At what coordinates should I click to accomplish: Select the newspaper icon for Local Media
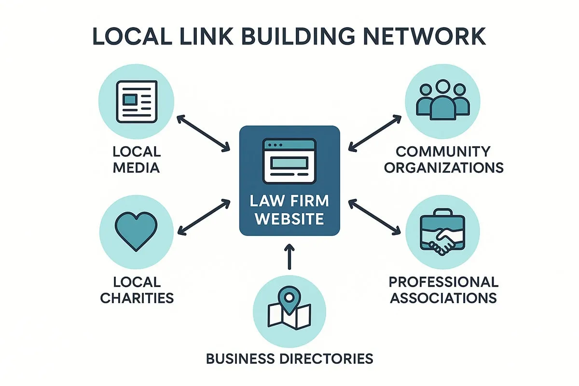tap(137, 101)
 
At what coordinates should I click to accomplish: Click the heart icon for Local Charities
tap(137, 231)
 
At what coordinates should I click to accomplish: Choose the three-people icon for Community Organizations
tap(442, 100)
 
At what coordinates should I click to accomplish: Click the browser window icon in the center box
tap(289, 161)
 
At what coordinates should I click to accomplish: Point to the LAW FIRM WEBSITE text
tap(289, 209)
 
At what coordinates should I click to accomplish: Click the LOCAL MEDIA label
tap(137, 159)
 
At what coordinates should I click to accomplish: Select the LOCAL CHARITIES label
tap(137, 289)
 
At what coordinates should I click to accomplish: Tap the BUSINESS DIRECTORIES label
tap(289, 358)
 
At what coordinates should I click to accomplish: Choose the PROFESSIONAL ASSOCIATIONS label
tap(443, 289)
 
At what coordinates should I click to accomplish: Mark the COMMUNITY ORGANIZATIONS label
tap(443, 159)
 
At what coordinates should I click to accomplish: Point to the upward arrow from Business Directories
tap(289, 257)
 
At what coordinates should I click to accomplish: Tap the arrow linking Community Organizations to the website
tap(374, 132)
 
